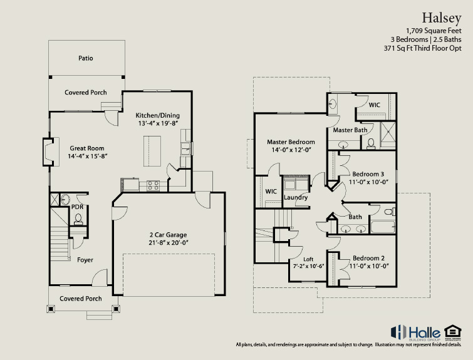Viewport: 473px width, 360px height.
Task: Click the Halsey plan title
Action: tap(441, 18)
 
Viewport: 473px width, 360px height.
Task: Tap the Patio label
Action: tap(86, 58)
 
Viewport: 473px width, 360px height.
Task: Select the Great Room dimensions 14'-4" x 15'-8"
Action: tap(88, 156)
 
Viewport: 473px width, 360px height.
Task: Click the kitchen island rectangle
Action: tap(152, 151)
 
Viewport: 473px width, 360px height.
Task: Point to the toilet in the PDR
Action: tap(78, 219)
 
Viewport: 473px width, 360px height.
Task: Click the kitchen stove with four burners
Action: tap(153, 185)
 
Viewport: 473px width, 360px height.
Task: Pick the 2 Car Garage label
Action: tap(169, 235)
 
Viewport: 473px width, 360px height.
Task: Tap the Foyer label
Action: tap(85, 260)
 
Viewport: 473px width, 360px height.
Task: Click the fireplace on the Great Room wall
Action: tap(49, 152)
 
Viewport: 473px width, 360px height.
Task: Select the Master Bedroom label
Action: tap(291, 142)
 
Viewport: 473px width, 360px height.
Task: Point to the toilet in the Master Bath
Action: tap(371, 143)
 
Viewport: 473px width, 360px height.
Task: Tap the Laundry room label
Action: tap(296, 197)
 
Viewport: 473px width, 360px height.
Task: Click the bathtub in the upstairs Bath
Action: tap(383, 227)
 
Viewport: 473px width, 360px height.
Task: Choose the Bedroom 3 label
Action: tap(368, 174)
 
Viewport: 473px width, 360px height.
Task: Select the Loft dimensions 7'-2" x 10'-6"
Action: tap(308, 266)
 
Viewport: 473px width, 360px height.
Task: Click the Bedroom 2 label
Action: tap(368, 259)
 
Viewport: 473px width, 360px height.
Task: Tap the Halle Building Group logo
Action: tap(415, 332)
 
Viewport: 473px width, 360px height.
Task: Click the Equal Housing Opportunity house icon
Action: tap(453, 331)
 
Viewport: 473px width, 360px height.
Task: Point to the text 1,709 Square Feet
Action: tap(434, 31)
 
